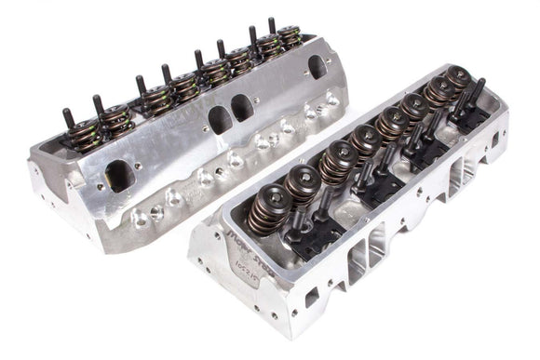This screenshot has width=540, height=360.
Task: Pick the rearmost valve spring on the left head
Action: (289, 38)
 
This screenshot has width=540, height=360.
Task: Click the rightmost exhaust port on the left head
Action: (317, 66)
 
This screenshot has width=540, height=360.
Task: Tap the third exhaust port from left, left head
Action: (244, 108)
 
